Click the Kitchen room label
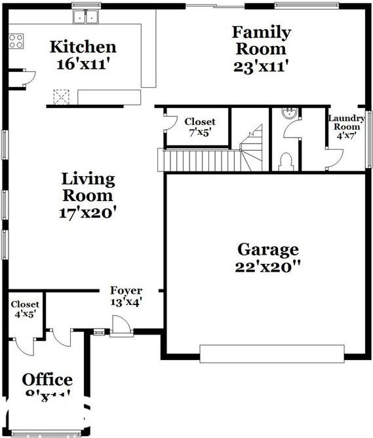(83, 46)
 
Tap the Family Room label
(260, 40)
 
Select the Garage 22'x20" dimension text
(267, 267)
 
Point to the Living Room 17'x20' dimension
(88, 212)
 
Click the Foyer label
(126, 291)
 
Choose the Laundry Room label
(346, 122)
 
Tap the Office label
(47, 380)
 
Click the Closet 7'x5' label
(199, 122)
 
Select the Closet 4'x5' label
(25, 304)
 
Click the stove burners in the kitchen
(16, 41)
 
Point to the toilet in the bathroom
(285, 160)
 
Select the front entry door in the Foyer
(121, 325)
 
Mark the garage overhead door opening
(271, 354)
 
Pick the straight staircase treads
(197, 159)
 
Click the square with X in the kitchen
(62, 98)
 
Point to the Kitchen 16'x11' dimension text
(83, 65)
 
